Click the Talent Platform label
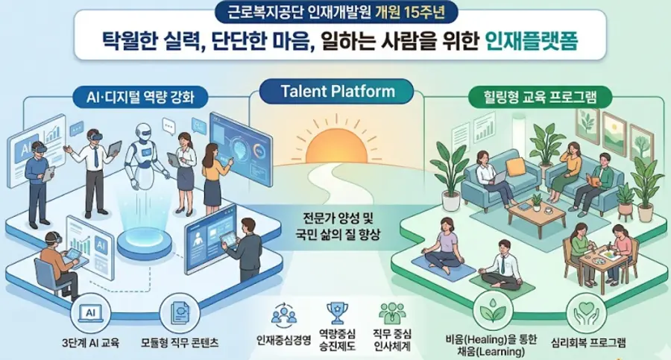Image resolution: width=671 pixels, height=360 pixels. coord(338,91)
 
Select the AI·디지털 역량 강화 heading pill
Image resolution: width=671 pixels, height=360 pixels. coord(140,97)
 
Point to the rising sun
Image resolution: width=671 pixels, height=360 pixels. coord(337,142)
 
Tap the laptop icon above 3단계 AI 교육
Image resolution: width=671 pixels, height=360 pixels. coord(91,313)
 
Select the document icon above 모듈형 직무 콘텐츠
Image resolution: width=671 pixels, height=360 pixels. coord(180,313)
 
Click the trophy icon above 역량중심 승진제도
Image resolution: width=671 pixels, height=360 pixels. coord(337,313)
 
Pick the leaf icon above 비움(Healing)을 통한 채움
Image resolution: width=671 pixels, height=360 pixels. coord(493,312)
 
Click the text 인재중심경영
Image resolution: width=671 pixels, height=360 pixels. coord(284,341)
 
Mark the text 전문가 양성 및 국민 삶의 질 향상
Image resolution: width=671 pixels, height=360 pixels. coord(338,227)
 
